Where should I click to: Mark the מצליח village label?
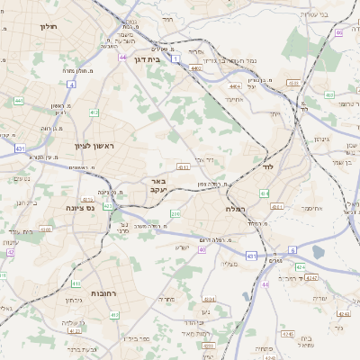point(229,264)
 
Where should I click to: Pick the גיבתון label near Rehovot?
point(75,298)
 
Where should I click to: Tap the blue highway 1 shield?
point(176,59)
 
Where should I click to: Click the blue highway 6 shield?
point(292,250)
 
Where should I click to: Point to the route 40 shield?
point(202,250)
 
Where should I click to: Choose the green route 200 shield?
point(175,213)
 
